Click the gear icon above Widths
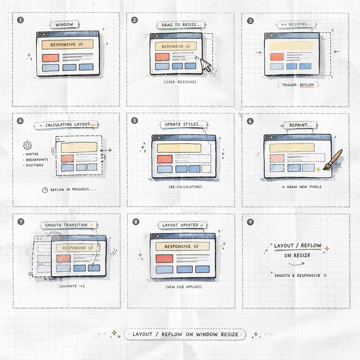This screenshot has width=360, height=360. (27, 145)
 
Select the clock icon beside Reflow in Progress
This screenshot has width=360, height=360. (45, 190)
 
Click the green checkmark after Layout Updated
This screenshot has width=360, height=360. (202, 225)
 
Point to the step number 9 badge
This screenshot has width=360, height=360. (250, 222)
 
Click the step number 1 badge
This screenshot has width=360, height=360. (20, 20)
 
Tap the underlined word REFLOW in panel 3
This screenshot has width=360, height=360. (307, 85)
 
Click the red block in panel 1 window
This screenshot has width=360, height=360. (51, 58)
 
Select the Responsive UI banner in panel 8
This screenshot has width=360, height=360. (182, 246)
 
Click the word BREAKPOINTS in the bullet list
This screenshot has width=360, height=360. (37, 160)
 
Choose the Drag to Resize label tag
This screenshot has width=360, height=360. (181, 25)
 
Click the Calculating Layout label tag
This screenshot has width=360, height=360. (66, 125)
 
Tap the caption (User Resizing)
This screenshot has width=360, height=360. (180, 82)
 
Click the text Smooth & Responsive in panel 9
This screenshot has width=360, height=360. (297, 276)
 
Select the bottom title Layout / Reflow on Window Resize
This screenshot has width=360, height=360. (185, 334)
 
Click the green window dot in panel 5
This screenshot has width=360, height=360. (163, 138)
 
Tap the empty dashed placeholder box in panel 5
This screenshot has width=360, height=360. (206, 169)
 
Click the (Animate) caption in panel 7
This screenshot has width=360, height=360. (72, 286)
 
